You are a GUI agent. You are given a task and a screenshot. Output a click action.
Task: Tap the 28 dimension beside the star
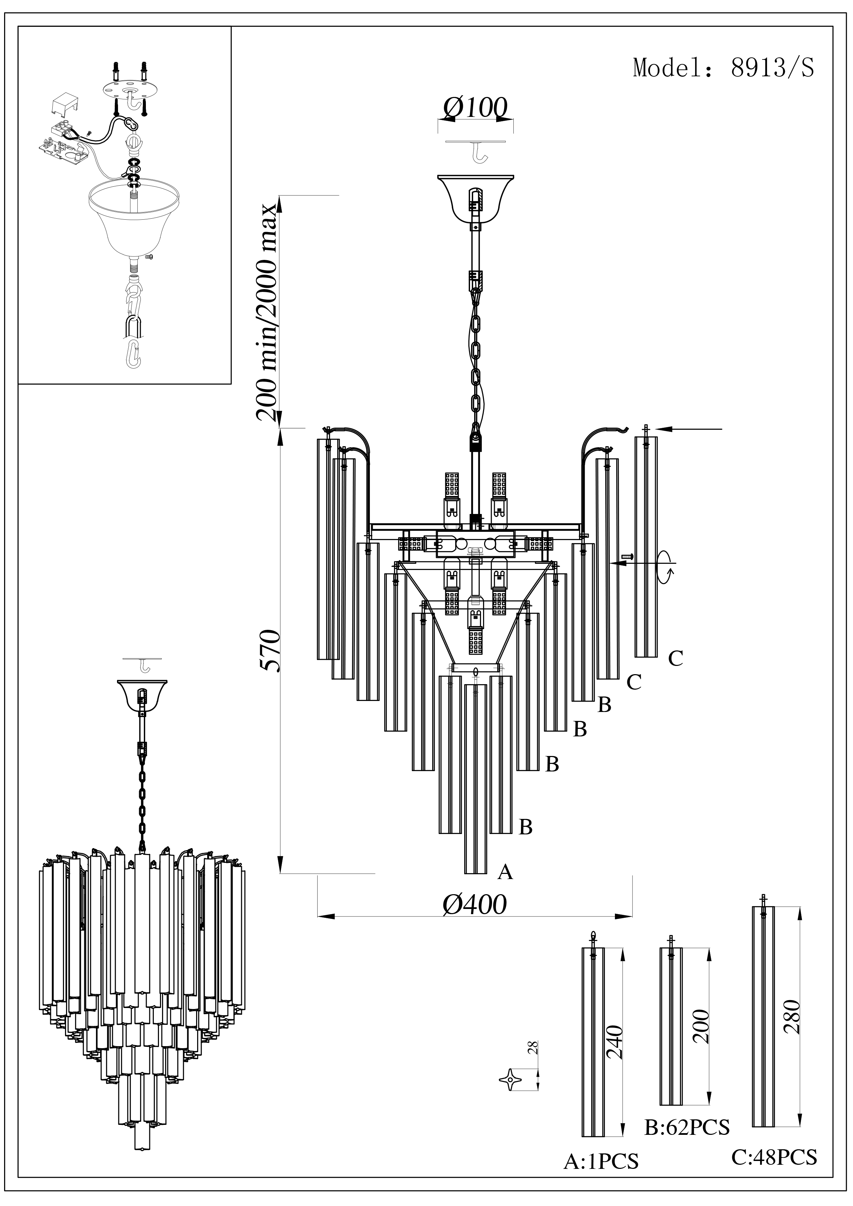point(533,1048)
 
